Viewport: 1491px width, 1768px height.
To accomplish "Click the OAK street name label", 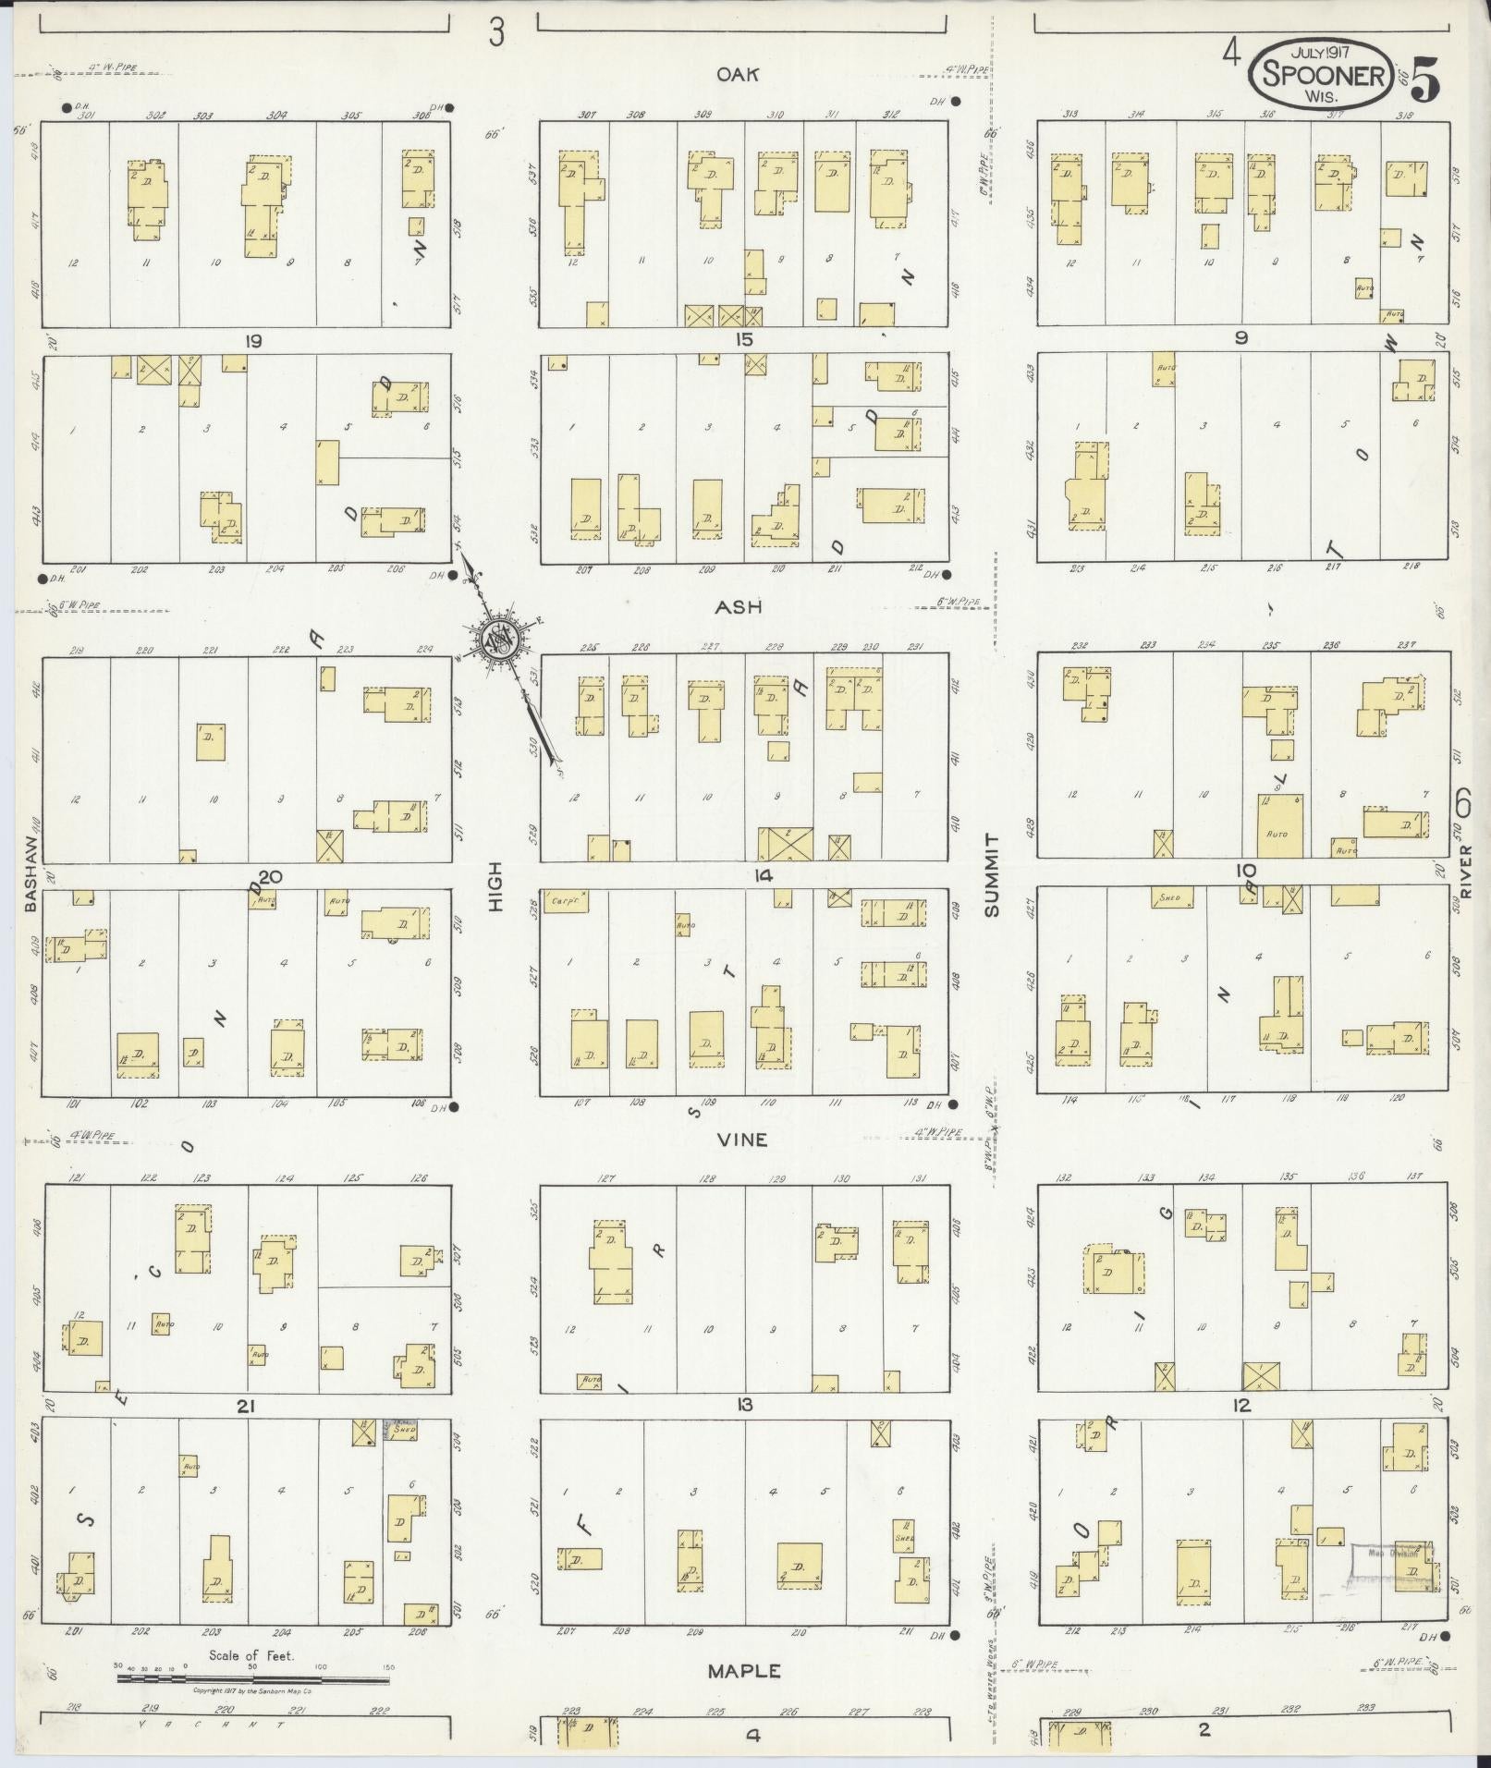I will point(738,74).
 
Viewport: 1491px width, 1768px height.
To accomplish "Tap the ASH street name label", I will point(738,606).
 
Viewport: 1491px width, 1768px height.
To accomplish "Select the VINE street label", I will point(742,1140).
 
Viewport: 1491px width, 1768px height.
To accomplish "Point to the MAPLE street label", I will point(744,1671).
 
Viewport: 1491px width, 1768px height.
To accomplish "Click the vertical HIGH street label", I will point(495,887).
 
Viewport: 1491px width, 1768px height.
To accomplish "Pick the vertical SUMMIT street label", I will point(993,874).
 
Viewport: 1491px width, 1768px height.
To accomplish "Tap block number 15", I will point(744,340).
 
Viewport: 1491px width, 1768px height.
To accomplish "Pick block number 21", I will point(245,1407).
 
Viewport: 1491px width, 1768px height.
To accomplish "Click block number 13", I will point(744,1406).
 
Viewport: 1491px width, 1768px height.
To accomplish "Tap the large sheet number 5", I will point(1424,83).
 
